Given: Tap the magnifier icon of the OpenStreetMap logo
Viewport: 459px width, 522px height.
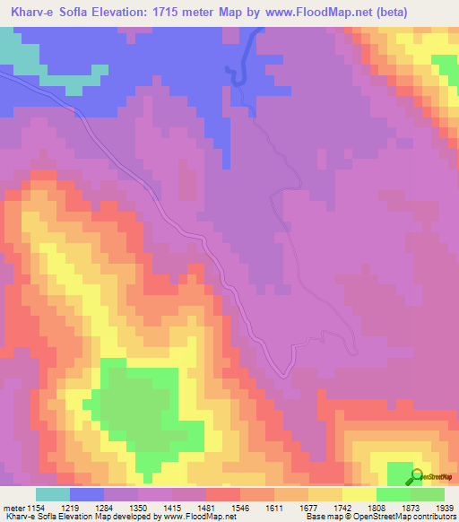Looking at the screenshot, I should pyautogui.click(x=416, y=476).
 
